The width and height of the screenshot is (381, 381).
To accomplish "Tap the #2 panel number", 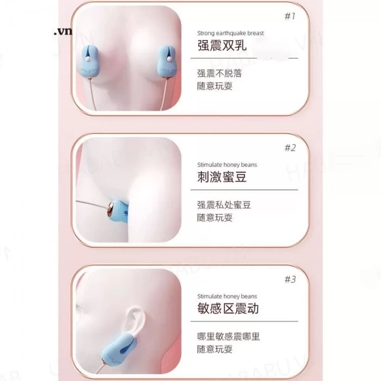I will pos(290,147).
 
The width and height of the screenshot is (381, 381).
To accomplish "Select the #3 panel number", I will pos(290,279).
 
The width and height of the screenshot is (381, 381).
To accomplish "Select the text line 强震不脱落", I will pos(219,74).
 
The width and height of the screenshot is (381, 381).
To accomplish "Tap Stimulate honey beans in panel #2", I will pos(227,164).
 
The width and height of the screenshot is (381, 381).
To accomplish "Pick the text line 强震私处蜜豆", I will pos(224,205).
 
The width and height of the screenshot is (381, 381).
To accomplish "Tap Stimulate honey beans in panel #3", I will pos(227,296).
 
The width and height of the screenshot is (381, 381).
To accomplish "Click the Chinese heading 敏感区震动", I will pos(228,309).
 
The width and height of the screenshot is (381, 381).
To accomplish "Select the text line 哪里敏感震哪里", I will pos(229,337).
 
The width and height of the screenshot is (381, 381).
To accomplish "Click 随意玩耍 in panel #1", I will pos(215,86).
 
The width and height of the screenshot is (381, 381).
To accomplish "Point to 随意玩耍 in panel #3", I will pos(215,349).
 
